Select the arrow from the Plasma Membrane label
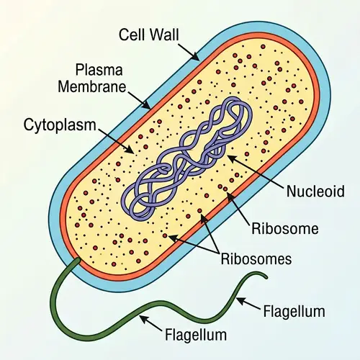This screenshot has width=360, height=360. pos(138,97)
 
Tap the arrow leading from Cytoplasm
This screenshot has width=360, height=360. pos(115,138)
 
